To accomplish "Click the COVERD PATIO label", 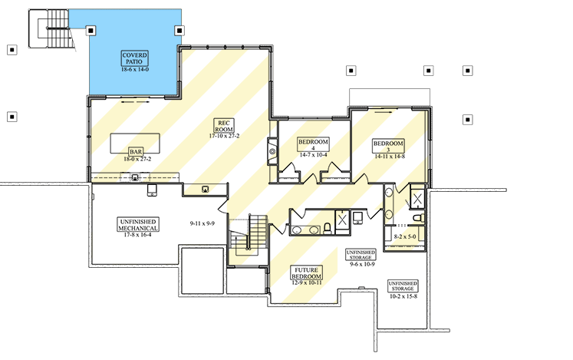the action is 135,58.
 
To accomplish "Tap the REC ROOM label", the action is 224,126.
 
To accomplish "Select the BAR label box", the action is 136,151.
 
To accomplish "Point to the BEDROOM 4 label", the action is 313,144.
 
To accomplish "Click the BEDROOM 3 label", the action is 388,146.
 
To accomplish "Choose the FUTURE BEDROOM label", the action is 306,273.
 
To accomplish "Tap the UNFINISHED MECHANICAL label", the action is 138,225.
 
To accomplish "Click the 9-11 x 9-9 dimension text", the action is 202,223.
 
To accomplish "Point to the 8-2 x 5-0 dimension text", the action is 405,236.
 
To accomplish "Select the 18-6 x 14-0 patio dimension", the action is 135,69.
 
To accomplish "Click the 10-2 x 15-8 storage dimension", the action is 403,296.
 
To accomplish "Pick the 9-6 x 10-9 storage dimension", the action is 362,264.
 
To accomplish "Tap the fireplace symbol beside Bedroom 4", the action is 272,151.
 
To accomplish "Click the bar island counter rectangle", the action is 135,144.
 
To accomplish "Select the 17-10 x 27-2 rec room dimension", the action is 224,136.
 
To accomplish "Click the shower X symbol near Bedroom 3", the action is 417,200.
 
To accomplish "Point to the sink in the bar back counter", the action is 135,178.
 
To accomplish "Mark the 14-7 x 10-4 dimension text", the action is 313,155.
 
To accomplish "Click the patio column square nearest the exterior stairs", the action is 91,31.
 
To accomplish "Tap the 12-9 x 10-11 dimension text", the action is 307,282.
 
